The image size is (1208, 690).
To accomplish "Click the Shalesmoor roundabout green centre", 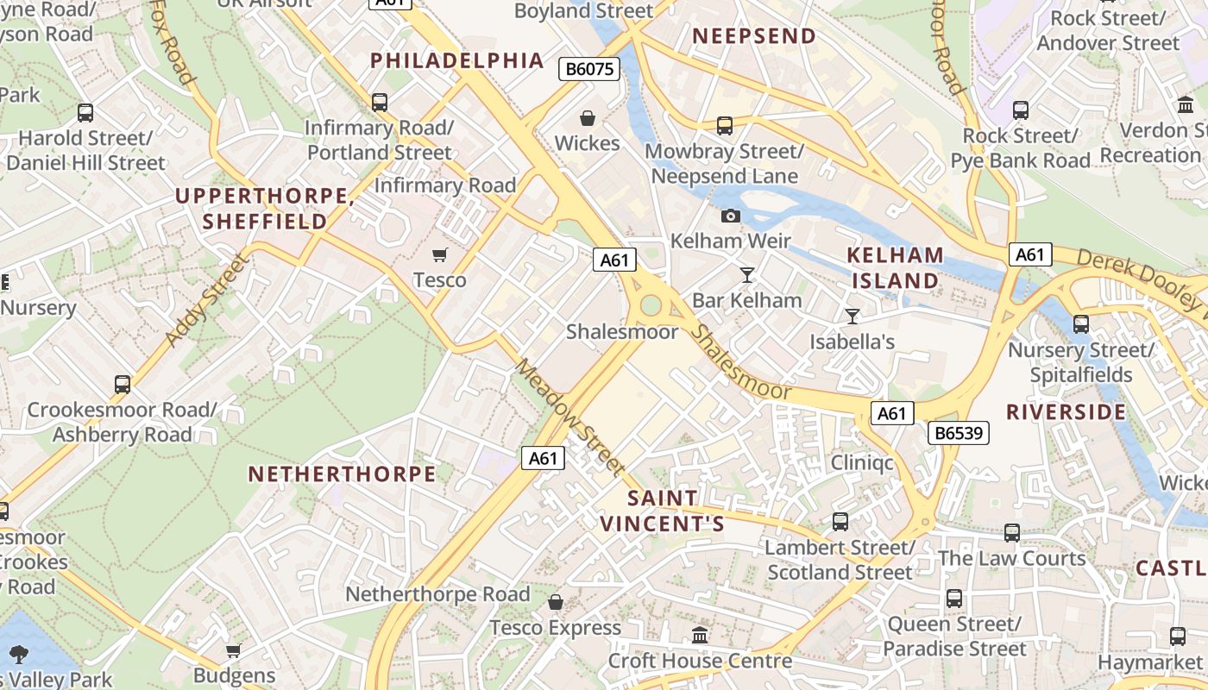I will point(651,305).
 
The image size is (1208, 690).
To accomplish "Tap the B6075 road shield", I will point(589,69).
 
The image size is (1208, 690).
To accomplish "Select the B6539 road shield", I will point(959,433).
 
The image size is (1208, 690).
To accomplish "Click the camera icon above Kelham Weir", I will point(731,216).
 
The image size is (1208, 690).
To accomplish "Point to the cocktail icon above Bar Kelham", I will point(747,275).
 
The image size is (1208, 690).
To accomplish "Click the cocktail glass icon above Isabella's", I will point(853,317).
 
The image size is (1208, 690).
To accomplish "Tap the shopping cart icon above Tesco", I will point(440,254).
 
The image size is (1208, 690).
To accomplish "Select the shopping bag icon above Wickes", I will point(588,118).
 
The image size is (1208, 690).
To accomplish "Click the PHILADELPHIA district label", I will point(457,60).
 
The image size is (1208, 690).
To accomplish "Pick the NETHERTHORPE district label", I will point(343,474).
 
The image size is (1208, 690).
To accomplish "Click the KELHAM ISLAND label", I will point(895,268).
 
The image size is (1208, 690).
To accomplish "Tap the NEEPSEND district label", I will point(754,36).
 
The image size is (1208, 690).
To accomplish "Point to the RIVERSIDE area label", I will point(1066,411).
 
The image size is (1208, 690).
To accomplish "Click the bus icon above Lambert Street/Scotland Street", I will point(840,522).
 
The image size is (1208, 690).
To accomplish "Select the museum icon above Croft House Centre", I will point(700,636).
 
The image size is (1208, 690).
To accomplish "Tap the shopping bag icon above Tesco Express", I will point(556,601).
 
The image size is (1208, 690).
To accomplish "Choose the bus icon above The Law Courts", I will point(1011,533).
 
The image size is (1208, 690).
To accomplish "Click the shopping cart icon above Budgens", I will point(233,650).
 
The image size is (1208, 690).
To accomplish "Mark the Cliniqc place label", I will point(862,463).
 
